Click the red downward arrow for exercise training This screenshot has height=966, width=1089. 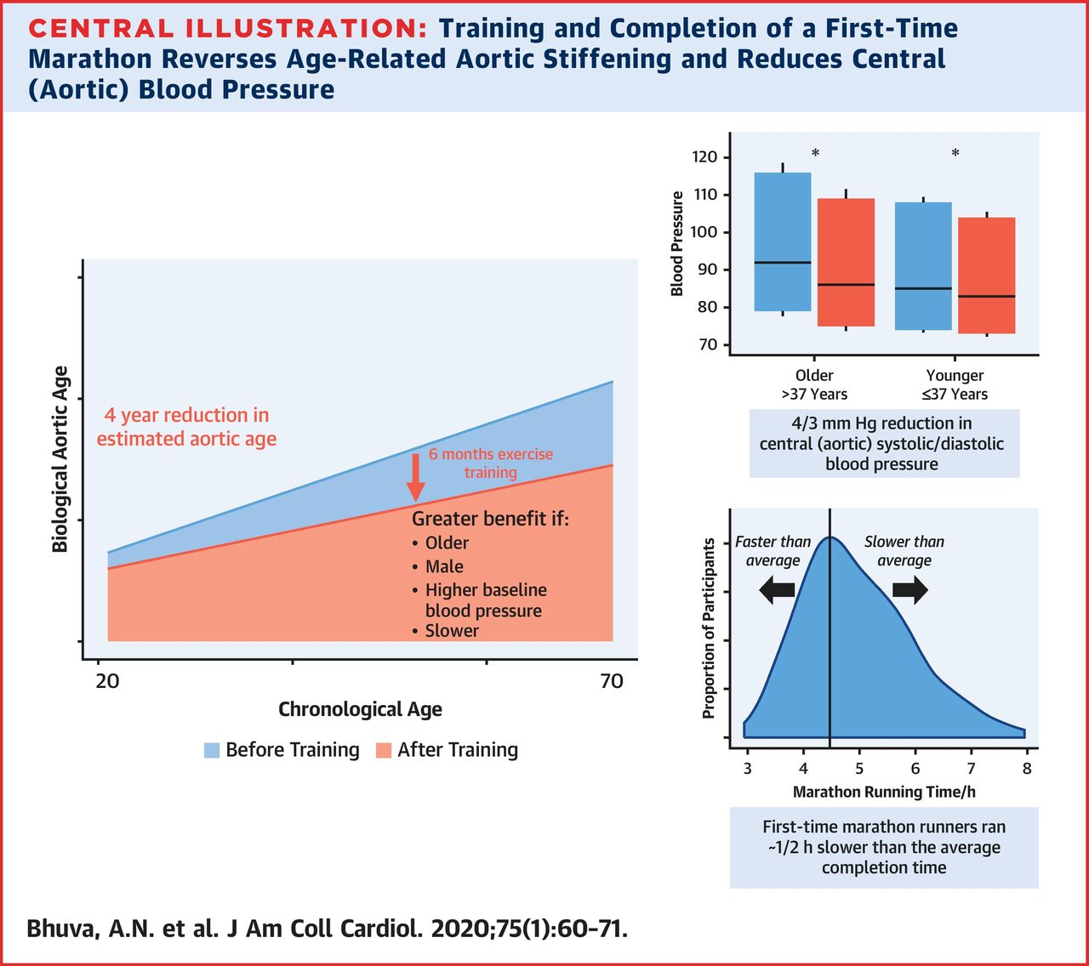coord(415,476)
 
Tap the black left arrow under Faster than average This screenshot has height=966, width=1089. coord(776,589)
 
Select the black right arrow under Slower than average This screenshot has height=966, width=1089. coord(910,589)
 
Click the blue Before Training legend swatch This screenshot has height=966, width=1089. coord(212,750)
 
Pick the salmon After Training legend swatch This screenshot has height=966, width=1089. coord(384,750)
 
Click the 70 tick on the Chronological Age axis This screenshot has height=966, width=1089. coord(612,681)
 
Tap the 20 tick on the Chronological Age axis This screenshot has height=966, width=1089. coord(107,681)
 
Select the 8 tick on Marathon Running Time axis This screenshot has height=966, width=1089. coord(1027,769)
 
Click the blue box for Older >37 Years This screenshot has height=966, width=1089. coord(783,242)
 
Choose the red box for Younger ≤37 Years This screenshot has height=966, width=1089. coord(986,276)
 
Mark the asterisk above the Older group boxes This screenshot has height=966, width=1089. coord(815,154)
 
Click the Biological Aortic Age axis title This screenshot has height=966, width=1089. coord(60,459)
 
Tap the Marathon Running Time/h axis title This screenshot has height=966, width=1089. coord(884,792)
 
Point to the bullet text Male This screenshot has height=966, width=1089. coord(444,566)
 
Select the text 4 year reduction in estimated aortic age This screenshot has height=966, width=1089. coord(186,427)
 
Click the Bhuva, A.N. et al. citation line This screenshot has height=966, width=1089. coord(327,928)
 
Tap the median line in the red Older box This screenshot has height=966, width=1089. coord(846,285)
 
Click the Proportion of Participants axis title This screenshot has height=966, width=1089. coord(709,628)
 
